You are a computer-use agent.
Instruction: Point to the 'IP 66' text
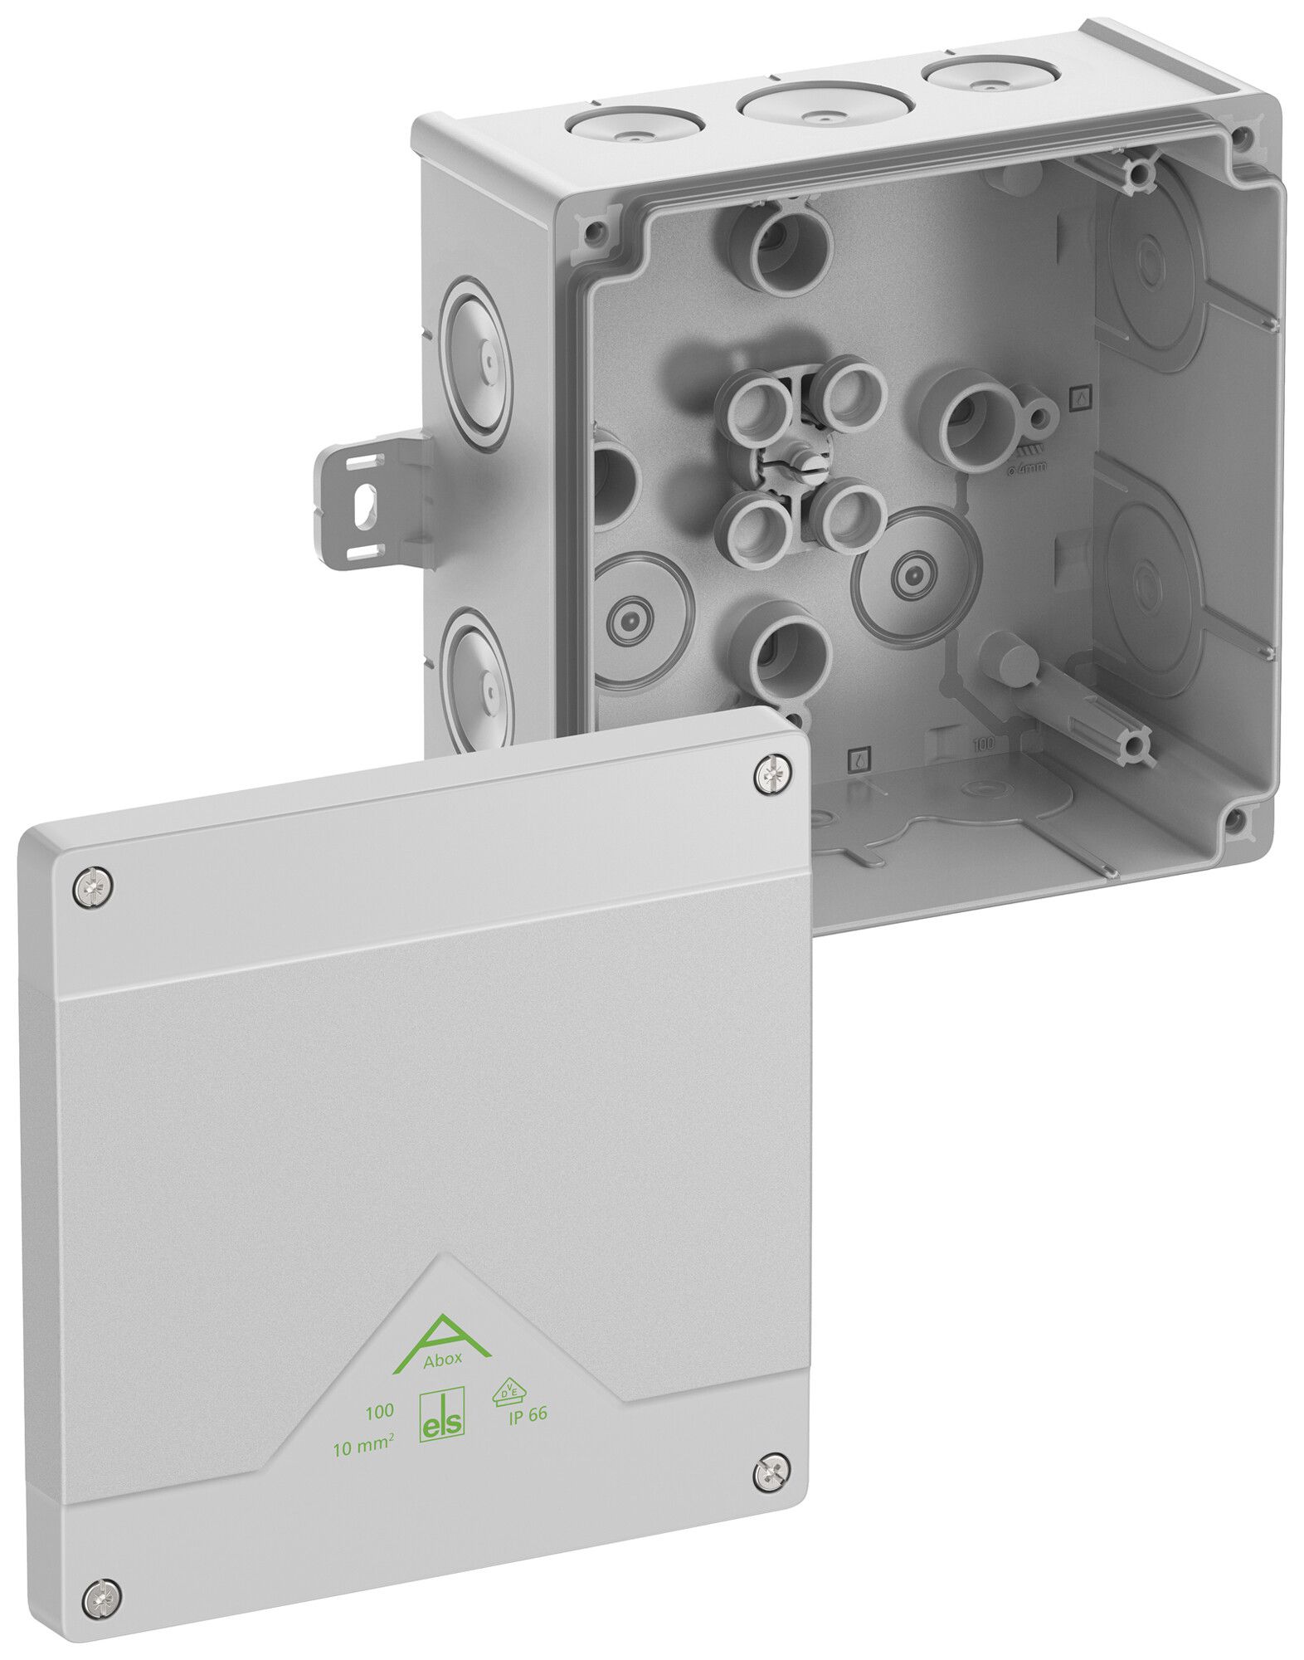(x=527, y=1415)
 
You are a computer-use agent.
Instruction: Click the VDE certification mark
(x=508, y=1390)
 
